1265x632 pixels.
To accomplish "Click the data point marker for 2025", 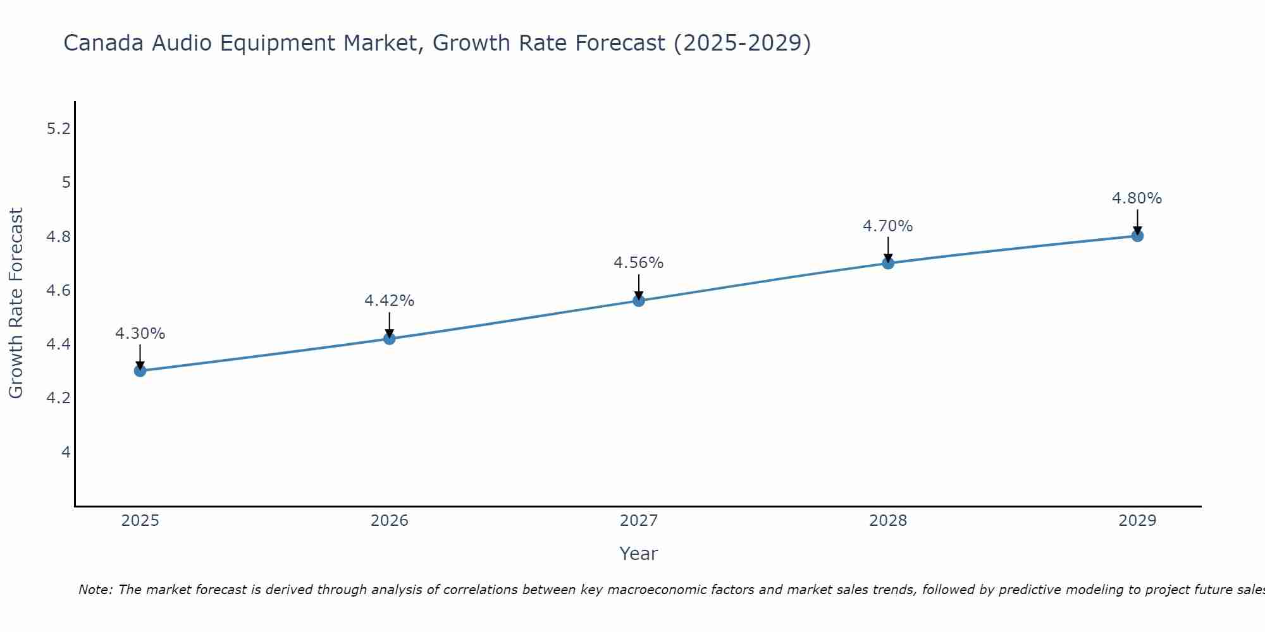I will pos(140,370).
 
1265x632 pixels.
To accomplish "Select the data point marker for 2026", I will pos(390,339).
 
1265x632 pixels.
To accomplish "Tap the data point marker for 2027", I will pos(639,301).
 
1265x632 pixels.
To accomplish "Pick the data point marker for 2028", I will pos(888,263).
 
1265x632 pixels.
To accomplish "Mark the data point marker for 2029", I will pos(1137,236).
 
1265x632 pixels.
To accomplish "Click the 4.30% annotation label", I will pos(140,334).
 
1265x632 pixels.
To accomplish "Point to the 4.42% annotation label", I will pos(390,301).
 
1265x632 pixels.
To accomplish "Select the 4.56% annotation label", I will pos(639,263).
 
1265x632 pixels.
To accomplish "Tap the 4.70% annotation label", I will pos(888,226).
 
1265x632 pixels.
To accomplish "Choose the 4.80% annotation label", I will pos(1137,198).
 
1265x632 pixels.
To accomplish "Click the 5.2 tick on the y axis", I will pos(58,129).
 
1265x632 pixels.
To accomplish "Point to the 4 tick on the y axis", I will pos(66,453).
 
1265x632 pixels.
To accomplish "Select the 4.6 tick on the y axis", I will pos(58,291).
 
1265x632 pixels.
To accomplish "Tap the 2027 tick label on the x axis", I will pos(639,521).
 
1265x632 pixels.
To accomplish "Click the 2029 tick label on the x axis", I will pos(1137,521).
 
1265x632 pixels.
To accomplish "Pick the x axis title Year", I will pos(639,554).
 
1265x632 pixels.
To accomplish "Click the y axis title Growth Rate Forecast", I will pos(16,303).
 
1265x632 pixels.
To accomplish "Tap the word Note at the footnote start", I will pos(95,590).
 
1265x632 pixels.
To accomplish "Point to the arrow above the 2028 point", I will pos(888,249).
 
